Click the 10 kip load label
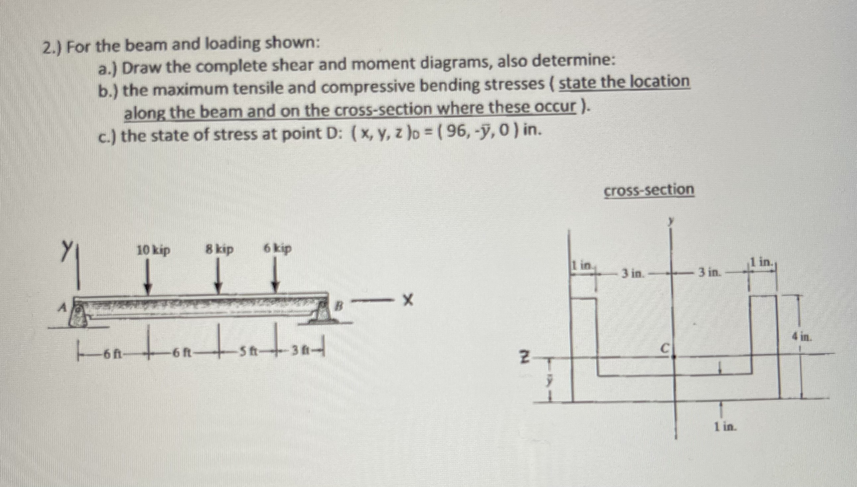pyautogui.click(x=154, y=250)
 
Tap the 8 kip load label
pyautogui.click(x=219, y=249)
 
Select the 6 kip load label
pyautogui.click(x=278, y=248)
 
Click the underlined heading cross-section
pyautogui.click(x=649, y=190)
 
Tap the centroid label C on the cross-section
pyautogui.click(x=665, y=348)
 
